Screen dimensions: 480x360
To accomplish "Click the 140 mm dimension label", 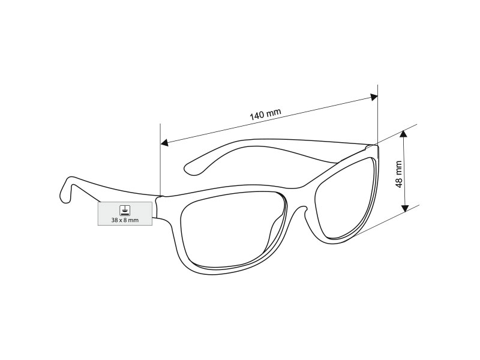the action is [265, 115].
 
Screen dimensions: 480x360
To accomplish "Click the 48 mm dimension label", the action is [398, 174].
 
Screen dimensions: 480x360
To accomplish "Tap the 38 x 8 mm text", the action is [125, 220].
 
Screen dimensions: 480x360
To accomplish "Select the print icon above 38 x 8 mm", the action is [125, 210].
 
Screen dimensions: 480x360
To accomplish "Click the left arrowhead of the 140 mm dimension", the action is [164, 142].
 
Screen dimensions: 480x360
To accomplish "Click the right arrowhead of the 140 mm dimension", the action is [374, 97].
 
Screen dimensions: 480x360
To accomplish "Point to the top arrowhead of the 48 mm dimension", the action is [404, 134].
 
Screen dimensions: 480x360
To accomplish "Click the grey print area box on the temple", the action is [125, 214].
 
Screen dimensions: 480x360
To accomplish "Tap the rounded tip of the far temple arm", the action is [189, 169].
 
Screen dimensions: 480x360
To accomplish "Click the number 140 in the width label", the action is [257, 116].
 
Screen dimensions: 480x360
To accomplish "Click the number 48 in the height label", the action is [398, 183].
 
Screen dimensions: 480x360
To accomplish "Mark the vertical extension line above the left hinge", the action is [160, 159].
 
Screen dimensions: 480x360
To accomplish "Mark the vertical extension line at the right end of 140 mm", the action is [378, 115].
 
